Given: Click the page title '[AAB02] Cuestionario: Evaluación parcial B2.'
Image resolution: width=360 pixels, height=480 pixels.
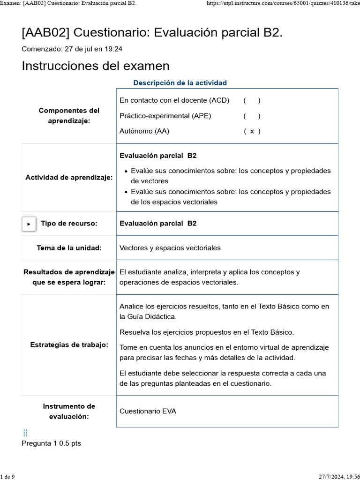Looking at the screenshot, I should (152, 33).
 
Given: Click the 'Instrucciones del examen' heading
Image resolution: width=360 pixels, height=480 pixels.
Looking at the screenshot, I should (96, 66).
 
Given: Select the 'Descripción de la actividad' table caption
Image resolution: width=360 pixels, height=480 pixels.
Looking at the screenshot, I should (180, 83).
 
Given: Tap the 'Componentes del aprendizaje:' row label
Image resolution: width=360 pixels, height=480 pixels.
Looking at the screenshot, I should (69, 116).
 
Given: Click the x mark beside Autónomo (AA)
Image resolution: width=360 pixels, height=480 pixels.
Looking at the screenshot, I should (252, 131).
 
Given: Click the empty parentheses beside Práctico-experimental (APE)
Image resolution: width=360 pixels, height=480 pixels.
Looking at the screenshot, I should (252, 116).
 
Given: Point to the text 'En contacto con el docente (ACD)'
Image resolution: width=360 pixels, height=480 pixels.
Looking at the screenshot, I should (174, 100).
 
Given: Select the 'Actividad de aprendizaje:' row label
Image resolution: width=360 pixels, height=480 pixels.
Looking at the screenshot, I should (69, 178).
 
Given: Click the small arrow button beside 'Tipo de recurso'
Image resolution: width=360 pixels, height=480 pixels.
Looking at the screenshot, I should (29, 224).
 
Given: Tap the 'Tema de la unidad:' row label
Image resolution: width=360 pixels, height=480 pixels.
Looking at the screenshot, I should (69, 248).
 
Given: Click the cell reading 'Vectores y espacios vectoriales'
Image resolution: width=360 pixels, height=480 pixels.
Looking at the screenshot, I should (170, 248).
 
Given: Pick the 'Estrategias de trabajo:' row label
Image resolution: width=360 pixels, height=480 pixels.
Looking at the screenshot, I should (69, 345).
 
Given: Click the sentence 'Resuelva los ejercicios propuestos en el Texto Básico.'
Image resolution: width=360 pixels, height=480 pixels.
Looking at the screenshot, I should (207, 332).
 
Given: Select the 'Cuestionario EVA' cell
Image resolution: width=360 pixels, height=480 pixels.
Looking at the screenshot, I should (148, 411).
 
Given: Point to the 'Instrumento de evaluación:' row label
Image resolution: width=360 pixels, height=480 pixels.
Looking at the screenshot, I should (69, 411).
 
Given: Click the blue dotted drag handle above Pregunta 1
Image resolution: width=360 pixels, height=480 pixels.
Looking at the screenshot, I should (25, 433).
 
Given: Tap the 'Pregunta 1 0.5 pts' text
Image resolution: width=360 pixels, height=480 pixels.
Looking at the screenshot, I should (51, 443).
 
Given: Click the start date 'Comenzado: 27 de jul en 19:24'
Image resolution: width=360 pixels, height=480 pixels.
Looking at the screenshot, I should (72, 49).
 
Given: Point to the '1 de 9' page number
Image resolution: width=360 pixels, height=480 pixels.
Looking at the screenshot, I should (7, 477).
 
